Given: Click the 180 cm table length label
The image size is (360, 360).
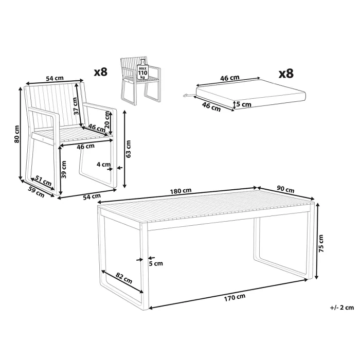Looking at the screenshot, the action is tap(181, 191).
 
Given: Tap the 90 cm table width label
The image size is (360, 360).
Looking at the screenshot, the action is tap(285, 189).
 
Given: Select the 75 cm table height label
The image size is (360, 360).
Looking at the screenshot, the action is tap(321, 244).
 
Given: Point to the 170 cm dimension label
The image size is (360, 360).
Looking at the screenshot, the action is tap(235, 297).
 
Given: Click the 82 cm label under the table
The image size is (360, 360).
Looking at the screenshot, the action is tap(124, 278).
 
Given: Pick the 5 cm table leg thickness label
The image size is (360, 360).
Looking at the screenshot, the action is tap(156, 263).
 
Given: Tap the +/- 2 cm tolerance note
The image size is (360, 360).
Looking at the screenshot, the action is tap(342, 308).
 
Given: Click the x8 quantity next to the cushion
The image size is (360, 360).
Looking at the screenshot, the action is tap(286, 74).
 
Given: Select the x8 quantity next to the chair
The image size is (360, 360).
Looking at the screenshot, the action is tap(101, 72).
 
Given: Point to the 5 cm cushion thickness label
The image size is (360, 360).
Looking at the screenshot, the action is tap(244, 104).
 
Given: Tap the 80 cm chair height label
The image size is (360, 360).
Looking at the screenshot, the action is tap(16, 134).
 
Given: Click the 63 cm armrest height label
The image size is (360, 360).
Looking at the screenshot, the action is tap(129, 149).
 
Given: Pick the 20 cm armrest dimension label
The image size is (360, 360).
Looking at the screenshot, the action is tap(107, 120).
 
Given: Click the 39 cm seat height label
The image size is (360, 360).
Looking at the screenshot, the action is tap(64, 169).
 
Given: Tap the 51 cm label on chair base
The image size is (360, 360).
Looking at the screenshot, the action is tap(43, 181).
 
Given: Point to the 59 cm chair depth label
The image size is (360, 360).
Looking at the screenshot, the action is tap(37, 192).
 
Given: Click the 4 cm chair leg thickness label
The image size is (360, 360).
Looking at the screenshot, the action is tap(103, 165).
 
